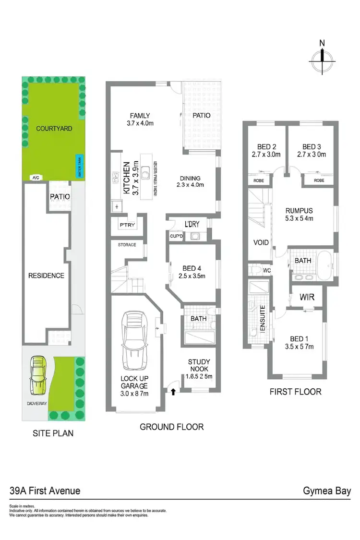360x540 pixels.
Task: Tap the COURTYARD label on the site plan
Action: click(x=54, y=128)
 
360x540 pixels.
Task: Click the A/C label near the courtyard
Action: click(x=36, y=177)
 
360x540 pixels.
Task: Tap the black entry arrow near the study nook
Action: click(x=172, y=392)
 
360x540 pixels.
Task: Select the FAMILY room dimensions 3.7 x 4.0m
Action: click(x=140, y=123)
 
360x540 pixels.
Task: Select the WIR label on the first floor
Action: click(x=307, y=297)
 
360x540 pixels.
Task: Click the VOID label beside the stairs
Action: click(x=261, y=242)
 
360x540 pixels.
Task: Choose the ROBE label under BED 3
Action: click(x=318, y=180)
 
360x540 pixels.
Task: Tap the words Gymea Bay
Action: click(x=326, y=491)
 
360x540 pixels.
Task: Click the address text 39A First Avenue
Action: click(x=45, y=491)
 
